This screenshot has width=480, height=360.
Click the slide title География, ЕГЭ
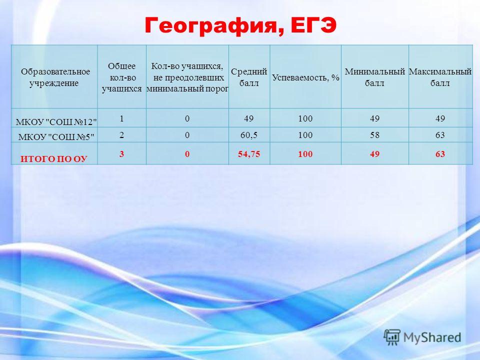point(240,26)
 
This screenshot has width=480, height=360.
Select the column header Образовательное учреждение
point(55,77)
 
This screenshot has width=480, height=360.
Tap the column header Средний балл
point(249,77)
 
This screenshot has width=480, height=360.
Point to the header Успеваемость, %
point(305,77)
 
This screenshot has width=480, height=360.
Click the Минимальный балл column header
point(374,77)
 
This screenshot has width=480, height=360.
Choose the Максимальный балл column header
point(440,77)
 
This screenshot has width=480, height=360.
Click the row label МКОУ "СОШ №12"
point(56,122)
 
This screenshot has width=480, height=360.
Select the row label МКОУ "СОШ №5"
point(56,137)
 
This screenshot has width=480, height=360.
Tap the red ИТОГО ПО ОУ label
point(54,159)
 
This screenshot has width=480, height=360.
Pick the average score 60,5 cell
point(249,135)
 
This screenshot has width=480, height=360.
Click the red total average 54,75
point(249,154)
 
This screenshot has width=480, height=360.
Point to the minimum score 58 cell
point(374,135)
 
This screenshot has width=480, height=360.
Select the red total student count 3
point(121,153)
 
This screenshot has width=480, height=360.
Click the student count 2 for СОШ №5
point(121,135)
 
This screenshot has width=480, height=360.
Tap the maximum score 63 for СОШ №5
point(440,135)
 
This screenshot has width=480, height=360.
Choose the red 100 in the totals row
point(305,154)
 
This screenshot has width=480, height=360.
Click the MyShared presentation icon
point(392,337)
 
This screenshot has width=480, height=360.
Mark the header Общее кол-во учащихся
point(121,77)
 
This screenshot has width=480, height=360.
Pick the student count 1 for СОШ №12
point(121,118)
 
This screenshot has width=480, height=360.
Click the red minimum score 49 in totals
point(374,154)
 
